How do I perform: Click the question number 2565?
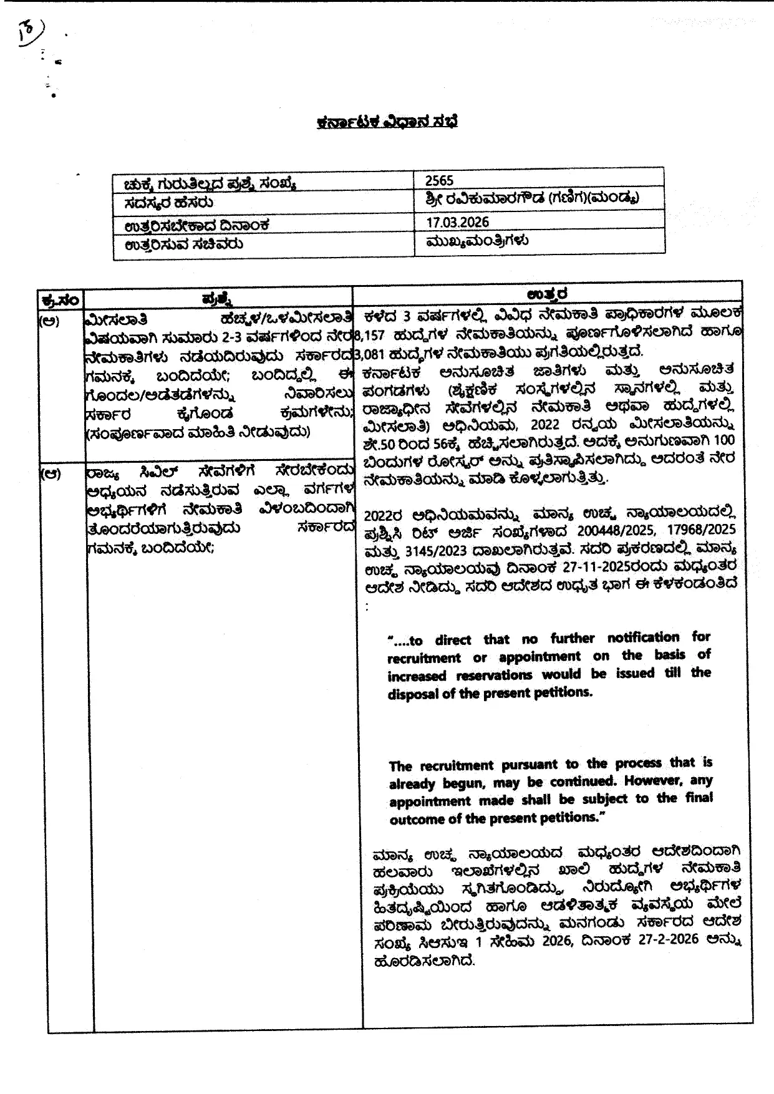point(439,181)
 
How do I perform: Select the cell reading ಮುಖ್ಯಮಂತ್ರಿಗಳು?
point(477,240)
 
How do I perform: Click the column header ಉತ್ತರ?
point(546,294)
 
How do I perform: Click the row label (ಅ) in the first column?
point(51,322)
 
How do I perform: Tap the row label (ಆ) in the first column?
point(51,473)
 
